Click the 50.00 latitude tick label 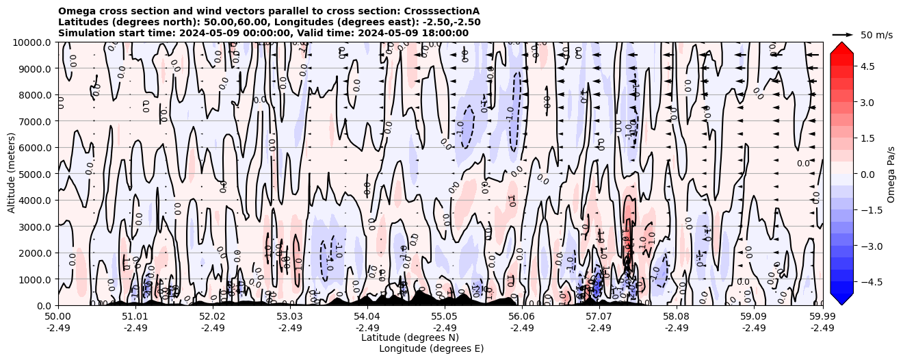[x=58, y=316]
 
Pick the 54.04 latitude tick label [x=367, y=316]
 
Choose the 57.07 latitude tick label [x=599, y=316]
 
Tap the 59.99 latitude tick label [x=822, y=316]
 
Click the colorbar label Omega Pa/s [x=891, y=174]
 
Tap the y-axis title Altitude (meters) [x=12, y=174]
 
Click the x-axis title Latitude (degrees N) [x=410, y=337]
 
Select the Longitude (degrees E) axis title [x=431, y=348]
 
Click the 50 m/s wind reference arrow [x=842, y=34]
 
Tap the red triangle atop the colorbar [x=841, y=47]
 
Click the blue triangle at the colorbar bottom [x=841, y=298]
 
